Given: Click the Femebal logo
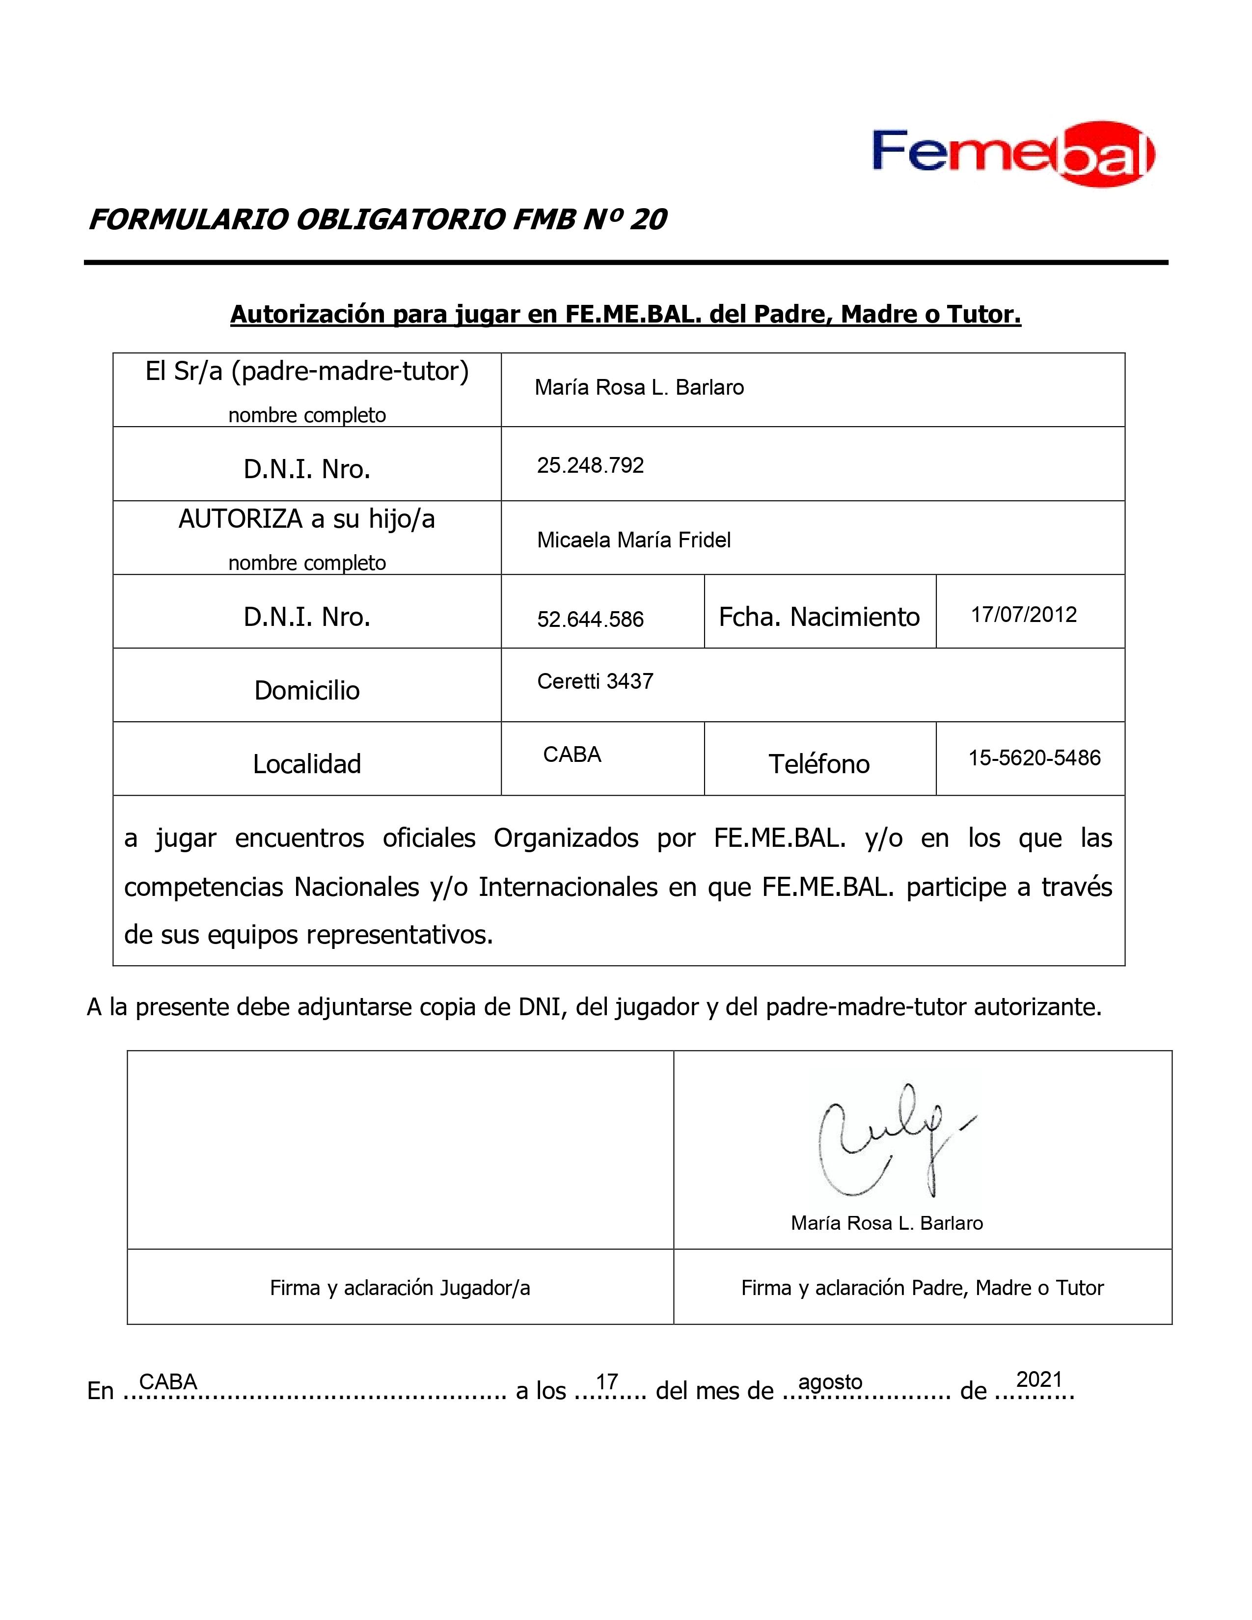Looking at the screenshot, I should pyautogui.click(x=1012, y=154).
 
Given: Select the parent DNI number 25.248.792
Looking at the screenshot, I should pyautogui.click(x=590, y=466).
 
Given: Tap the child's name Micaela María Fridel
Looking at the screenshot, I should pyautogui.click(x=633, y=540).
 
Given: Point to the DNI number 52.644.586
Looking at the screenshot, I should pyautogui.click(x=590, y=620).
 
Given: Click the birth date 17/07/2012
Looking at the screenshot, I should pyautogui.click(x=1024, y=615).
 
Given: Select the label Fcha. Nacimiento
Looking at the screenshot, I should pyautogui.click(x=819, y=617).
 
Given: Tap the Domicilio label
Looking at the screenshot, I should pyautogui.click(x=306, y=691).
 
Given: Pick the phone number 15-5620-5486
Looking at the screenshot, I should pyautogui.click(x=1034, y=758).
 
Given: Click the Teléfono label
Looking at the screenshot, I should pyautogui.click(x=819, y=764).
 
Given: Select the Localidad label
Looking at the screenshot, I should pyautogui.click(x=306, y=764).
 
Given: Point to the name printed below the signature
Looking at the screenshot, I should pyautogui.click(x=886, y=1223).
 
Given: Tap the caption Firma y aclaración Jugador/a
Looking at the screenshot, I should pyautogui.click(x=400, y=1288).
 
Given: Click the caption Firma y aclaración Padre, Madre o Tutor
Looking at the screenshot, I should pyautogui.click(x=922, y=1288).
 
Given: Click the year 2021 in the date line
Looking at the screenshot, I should pyautogui.click(x=1039, y=1379).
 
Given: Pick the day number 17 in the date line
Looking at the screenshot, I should pyautogui.click(x=607, y=1381).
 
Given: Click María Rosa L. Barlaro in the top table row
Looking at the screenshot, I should pyautogui.click(x=639, y=388).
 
